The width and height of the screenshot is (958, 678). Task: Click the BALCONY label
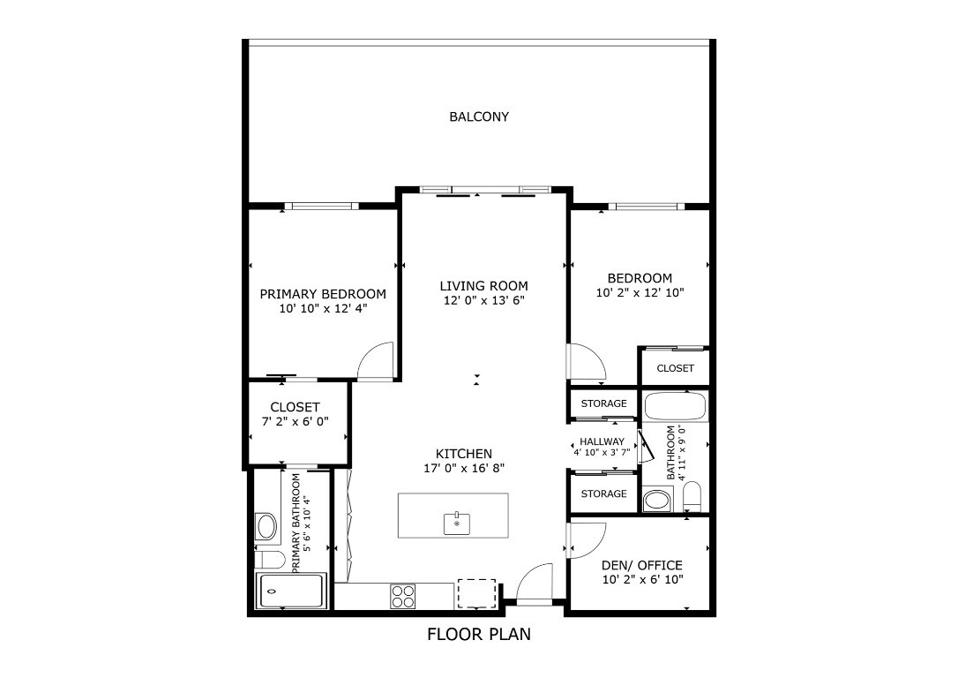[x=479, y=117]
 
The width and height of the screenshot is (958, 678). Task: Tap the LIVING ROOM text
[x=483, y=285]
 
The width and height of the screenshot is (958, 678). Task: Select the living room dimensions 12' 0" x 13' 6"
[x=483, y=301]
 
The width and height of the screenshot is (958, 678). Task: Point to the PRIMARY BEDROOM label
[x=323, y=294]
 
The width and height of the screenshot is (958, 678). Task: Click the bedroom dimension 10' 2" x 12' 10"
[x=640, y=292]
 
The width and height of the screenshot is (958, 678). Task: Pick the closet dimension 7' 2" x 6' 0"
[x=295, y=422]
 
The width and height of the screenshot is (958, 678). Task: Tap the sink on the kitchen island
[x=456, y=524]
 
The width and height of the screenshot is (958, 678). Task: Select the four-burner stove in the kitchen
[x=403, y=596]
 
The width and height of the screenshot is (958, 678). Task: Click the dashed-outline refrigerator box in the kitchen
[x=475, y=593]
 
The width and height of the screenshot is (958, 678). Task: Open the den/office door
[x=587, y=539]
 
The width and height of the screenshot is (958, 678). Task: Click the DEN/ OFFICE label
[x=641, y=565]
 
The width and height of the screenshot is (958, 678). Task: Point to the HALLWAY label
[x=602, y=441]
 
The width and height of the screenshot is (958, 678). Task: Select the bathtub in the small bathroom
[x=675, y=407]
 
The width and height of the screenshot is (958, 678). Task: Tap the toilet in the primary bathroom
[x=269, y=560]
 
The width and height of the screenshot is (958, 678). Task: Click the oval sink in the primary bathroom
[x=266, y=527]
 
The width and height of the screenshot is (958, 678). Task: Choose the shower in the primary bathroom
[x=292, y=591]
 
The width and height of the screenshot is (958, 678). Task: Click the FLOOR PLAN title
[x=479, y=634]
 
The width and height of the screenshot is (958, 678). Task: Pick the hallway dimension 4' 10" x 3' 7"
[x=602, y=452]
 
